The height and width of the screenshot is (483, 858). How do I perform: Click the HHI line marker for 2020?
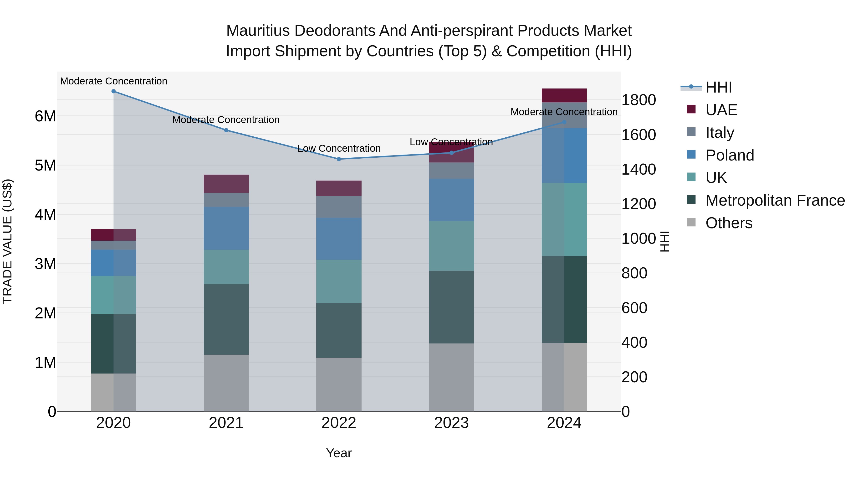pyautogui.click(x=114, y=91)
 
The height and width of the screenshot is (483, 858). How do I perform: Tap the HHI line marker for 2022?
pyautogui.click(x=339, y=159)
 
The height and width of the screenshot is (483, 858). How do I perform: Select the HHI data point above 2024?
pyautogui.click(x=564, y=122)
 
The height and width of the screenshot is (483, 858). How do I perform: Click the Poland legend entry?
pyautogui.click(x=730, y=155)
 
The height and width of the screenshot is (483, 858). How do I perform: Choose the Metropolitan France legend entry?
pyautogui.click(x=775, y=200)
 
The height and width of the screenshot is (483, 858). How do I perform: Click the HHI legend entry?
pyautogui.click(x=718, y=87)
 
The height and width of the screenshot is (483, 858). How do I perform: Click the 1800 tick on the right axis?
pyautogui.click(x=638, y=100)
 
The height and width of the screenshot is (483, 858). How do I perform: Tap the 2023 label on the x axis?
pyautogui.click(x=451, y=423)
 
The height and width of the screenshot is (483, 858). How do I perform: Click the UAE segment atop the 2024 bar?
pyautogui.click(x=564, y=95)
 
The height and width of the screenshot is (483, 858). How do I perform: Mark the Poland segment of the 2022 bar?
pyautogui.click(x=339, y=239)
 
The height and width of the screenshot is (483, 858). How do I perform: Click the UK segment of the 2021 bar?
pyautogui.click(x=226, y=267)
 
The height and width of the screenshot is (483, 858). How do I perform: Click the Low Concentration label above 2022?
pyautogui.click(x=339, y=148)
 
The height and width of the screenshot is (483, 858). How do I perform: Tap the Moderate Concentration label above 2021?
pyautogui.click(x=226, y=120)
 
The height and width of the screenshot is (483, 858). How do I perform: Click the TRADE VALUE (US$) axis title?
pyautogui.click(x=7, y=241)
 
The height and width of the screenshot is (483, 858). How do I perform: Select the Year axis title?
pyautogui.click(x=339, y=453)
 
